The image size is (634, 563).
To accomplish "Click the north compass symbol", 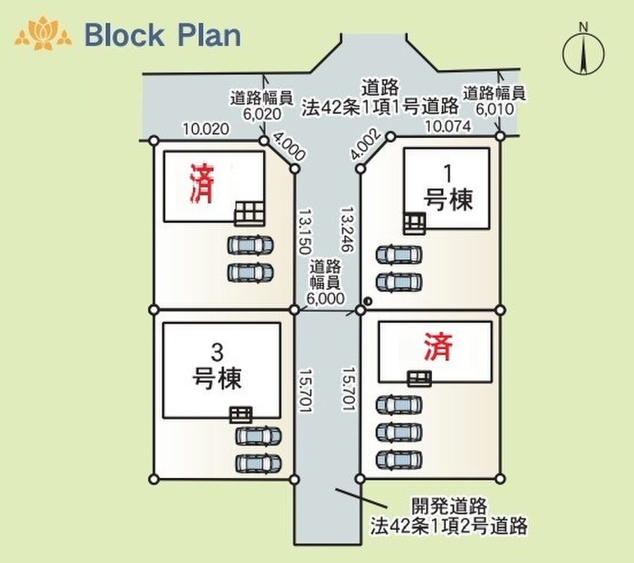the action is click(583, 53).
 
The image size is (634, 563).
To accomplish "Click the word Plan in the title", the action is click(209, 35).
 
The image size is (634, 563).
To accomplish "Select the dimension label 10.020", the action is click(205, 129).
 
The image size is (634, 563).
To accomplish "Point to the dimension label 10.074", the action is click(448, 126).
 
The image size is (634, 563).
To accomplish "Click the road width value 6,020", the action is click(262, 114).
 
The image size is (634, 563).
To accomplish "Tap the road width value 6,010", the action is click(495, 109).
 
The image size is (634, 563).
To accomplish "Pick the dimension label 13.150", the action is click(305, 231).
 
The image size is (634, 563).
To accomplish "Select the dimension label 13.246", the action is click(348, 229).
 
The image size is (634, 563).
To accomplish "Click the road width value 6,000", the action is click(326, 298).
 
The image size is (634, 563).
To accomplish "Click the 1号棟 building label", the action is click(448, 189).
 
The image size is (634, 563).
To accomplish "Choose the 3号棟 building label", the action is click(217, 367).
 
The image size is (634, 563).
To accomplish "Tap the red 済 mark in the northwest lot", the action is click(201, 183).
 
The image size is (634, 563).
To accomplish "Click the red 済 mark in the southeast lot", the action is click(438, 346).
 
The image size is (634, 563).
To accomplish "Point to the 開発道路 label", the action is click(449, 505).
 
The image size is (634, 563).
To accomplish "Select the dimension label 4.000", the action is click(289, 146).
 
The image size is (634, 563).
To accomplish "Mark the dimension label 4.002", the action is click(365, 144).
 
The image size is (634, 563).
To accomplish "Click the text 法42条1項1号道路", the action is click(380, 107).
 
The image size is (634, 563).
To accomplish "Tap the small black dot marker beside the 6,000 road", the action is click(368, 301).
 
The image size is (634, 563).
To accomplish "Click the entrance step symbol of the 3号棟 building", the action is click(241, 415).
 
